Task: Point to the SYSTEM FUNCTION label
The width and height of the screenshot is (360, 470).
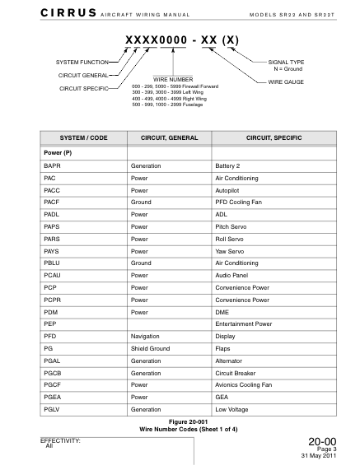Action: tap(81, 63)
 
